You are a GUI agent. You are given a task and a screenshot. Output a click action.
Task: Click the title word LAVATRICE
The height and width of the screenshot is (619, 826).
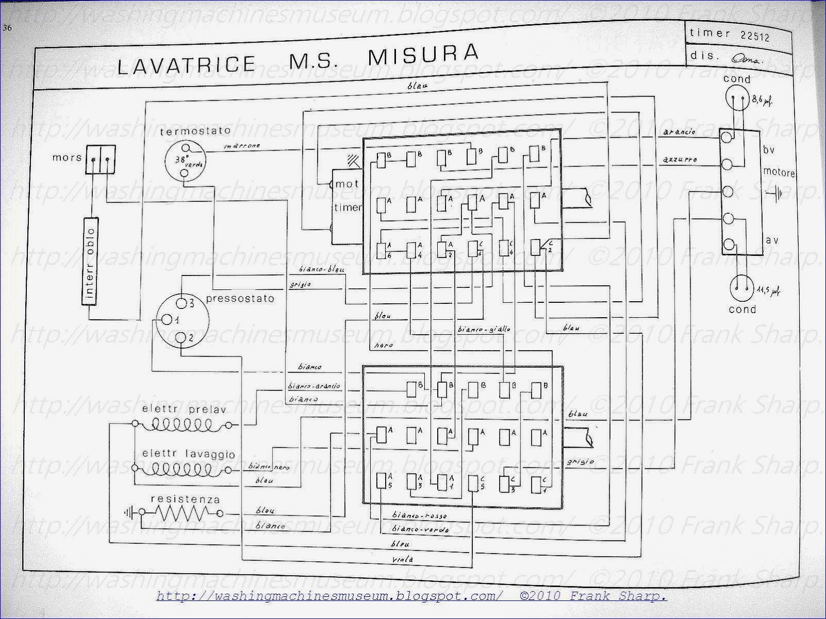(x=186, y=64)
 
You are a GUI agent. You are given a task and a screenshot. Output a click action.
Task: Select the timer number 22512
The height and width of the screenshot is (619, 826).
(x=755, y=37)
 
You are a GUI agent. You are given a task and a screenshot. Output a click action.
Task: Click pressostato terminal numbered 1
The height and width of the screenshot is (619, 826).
(x=167, y=320)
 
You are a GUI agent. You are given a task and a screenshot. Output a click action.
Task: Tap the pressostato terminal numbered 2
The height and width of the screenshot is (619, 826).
(x=181, y=338)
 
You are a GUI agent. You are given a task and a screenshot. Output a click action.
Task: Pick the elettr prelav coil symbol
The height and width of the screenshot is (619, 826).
(x=181, y=425)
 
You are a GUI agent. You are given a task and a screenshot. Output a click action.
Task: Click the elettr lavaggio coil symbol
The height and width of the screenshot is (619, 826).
(x=181, y=468)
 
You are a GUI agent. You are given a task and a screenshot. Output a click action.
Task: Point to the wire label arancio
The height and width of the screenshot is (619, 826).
(x=681, y=132)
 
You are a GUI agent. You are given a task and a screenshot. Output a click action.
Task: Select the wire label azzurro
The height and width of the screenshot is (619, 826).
(x=681, y=160)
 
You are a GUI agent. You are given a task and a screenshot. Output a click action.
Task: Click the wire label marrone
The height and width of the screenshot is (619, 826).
(x=242, y=146)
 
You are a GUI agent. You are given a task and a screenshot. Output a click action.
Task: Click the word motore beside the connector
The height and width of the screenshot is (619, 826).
(x=779, y=173)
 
